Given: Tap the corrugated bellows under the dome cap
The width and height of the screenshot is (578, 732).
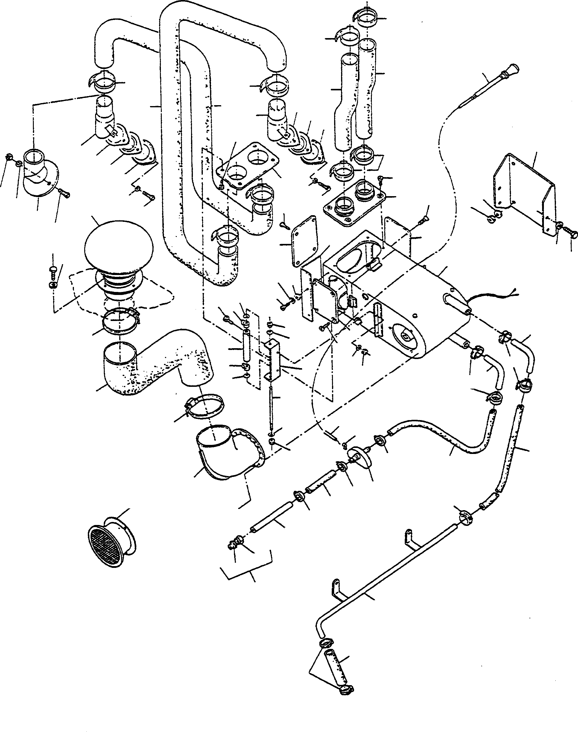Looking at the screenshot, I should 117,281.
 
